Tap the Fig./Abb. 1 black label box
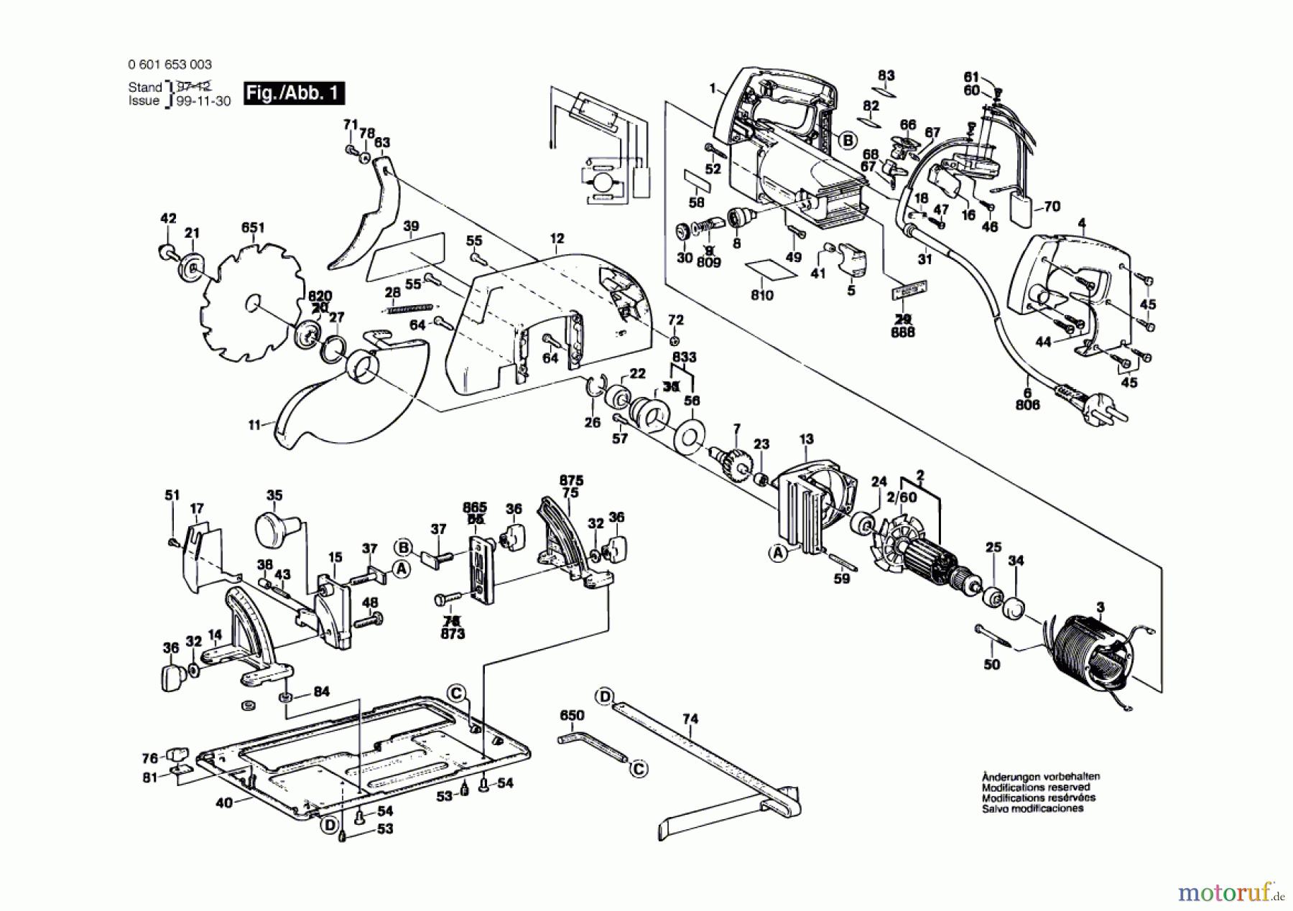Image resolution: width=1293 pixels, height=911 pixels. coord(294,93)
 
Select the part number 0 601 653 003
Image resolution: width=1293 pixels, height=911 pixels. coord(170,65)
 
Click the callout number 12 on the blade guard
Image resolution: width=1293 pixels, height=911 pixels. coord(557,238)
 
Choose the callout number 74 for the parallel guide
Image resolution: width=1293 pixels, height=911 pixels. coord(690,719)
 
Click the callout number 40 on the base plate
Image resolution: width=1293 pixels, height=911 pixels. coord(224,803)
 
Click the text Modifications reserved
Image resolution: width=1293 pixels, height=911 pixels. coord(1035,788)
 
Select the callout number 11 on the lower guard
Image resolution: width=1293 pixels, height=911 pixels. coord(254,425)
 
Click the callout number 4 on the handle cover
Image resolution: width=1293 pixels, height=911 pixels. coord(1082,223)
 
